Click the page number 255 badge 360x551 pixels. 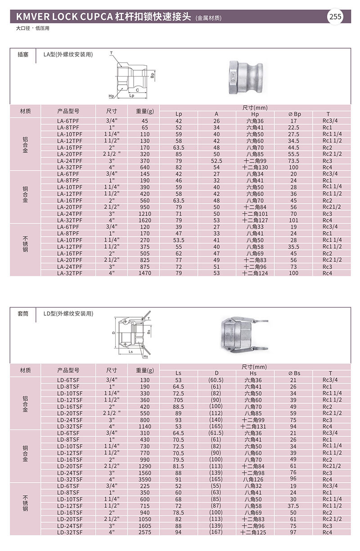tap(336, 17)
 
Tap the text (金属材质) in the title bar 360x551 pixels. tap(209, 18)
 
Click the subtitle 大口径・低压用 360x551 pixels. tap(32, 28)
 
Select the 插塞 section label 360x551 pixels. tap(23, 54)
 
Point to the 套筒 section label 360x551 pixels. tap(23, 313)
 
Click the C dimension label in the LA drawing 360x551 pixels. tap(137, 89)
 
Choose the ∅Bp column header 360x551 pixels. tap(294, 114)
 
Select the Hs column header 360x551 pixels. tap(255, 373)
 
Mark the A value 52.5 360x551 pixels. tap(216, 161)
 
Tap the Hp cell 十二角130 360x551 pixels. tap(255, 167)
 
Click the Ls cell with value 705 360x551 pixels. tap(179, 400)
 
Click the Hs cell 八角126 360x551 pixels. tap(255, 479)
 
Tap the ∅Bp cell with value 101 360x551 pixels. tap(294, 220)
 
